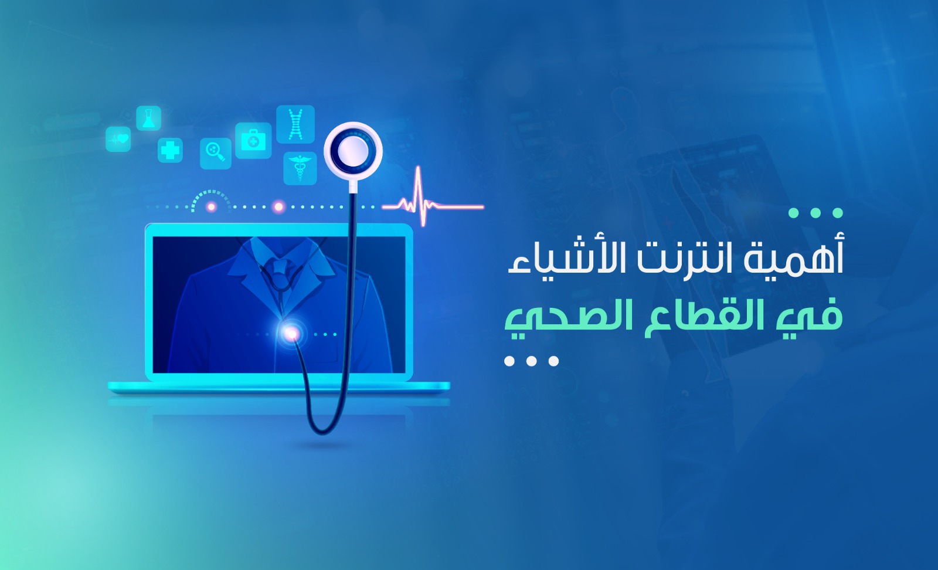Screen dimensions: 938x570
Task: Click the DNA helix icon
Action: [295, 124]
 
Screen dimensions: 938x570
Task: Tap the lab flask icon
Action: [149, 118]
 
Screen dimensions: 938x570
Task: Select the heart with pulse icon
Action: [118, 139]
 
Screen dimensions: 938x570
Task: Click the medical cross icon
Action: [170, 150]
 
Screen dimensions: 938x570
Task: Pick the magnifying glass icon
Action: [216, 153]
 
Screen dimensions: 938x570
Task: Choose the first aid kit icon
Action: [253, 141]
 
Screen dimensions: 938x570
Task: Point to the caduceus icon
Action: [300, 168]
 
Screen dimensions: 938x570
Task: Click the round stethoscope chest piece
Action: [353, 151]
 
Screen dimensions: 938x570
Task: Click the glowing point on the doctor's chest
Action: [291, 334]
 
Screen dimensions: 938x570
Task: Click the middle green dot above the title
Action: [815, 213]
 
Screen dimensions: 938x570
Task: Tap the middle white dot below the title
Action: [531, 361]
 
